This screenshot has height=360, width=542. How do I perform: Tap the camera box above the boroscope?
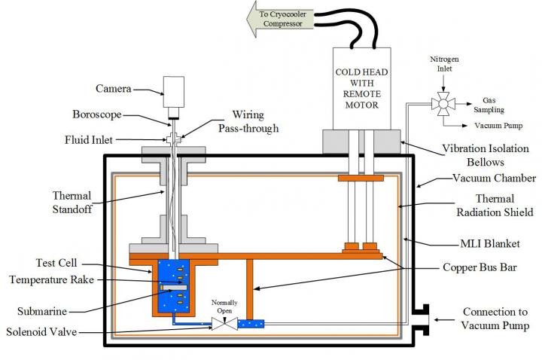tap(175, 92)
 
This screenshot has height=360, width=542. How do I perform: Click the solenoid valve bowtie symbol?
tap(223, 324)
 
